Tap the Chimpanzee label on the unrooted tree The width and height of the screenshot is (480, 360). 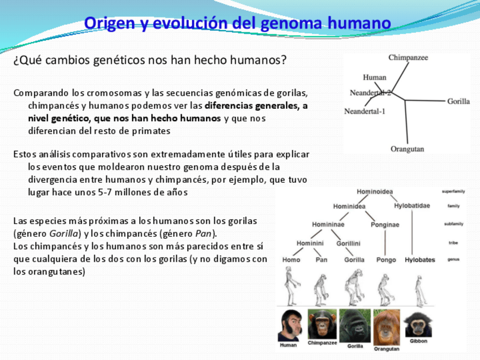coord(408,58)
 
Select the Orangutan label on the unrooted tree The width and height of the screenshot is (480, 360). coord(407,149)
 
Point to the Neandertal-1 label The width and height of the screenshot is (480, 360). coord(365,111)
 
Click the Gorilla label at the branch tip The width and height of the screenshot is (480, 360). coord(458,101)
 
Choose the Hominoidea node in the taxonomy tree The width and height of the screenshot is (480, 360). coord(375,192)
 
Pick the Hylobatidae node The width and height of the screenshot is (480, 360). coord(412,205)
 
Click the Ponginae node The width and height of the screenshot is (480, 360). coord(385,225)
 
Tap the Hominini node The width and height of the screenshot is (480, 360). coord(310,243)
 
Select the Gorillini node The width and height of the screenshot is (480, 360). coord(348,243)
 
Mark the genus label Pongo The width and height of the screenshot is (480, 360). coord(386,260)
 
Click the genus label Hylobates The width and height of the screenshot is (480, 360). coord(419,260)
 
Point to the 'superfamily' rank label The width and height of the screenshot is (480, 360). coord(453,192)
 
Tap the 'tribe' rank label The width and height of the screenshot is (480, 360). coord(453,243)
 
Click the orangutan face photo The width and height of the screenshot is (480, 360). coord(387,327)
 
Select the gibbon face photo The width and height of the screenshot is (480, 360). coord(418,324)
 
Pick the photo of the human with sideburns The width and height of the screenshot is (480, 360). coord(290,325)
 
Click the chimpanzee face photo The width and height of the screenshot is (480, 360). coord(322,324)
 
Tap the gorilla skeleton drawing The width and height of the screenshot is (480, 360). coord(354,288)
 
